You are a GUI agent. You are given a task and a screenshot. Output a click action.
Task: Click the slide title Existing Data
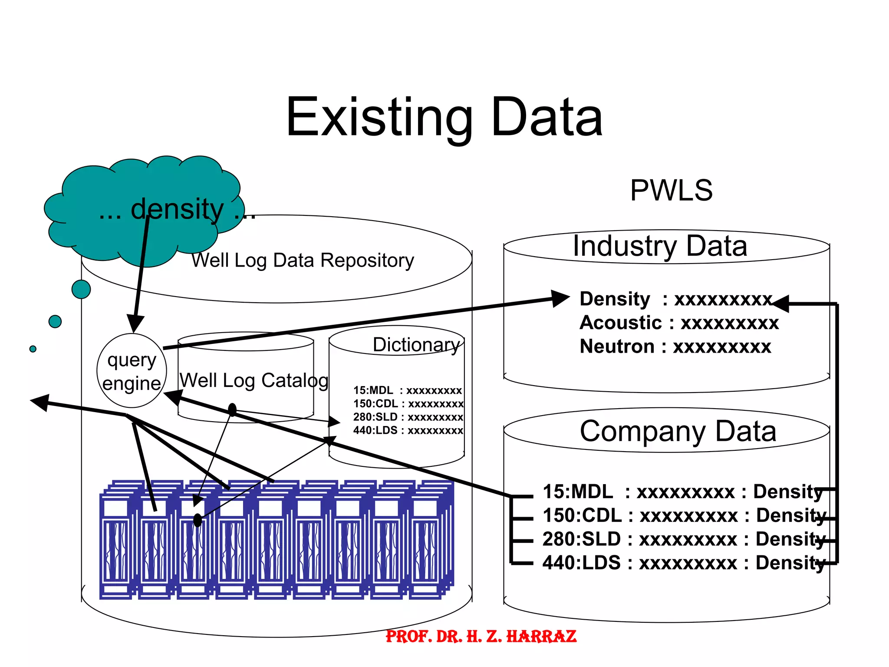pyautogui.click(x=444, y=117)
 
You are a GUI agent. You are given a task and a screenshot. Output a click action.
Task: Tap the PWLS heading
pyautogui.click(x=671, y=190)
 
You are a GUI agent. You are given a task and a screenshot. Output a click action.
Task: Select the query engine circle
pyautogui.click(x=132, y=371)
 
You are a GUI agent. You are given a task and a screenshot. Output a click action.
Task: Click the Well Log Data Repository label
pyautogui.click(x=303, y=261)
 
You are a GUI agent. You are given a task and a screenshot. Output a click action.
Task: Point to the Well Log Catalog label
pyautogui.click(x=254, y=380)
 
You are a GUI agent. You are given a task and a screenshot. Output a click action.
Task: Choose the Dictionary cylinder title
pyautogui.click(x=416, y=345)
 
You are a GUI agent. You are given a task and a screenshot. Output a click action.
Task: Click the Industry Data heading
pyautogui.click(x=660, y=246)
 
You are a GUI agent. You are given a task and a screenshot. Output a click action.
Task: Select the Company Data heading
pyautogui.click(x=678, y=431)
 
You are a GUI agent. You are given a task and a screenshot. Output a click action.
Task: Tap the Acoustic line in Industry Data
pyautogui.click(x=679, y=323)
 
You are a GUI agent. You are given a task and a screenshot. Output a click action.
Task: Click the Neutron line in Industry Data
pyautogui.click(x=675, y=347)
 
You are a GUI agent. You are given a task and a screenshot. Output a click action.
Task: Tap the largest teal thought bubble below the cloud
pyautogui.click(x=81, y=289)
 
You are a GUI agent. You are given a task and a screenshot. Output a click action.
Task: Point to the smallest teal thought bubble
pyautogui.click(x=33, y=349)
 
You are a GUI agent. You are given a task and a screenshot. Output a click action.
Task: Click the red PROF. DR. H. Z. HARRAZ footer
pyautogui.click(x=481, y=637)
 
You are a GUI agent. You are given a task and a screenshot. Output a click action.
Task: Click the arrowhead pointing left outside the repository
pyautogui.click(x=40, y=402)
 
